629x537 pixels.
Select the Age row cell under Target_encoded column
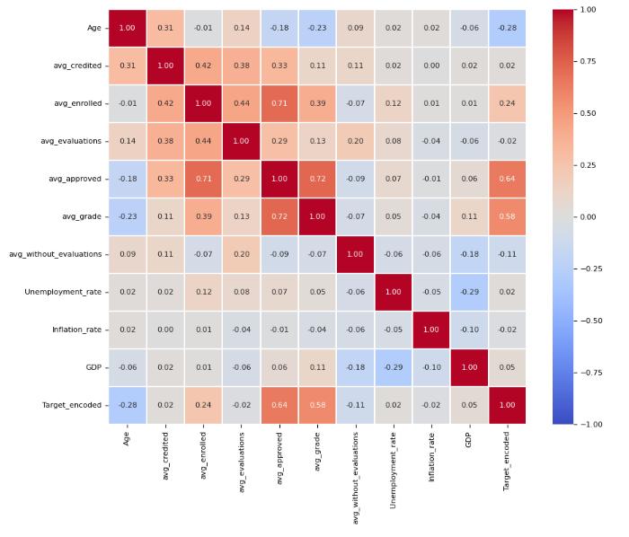click(508, 28)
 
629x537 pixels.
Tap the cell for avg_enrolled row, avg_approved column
click(279, 103)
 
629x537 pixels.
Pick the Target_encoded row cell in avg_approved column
click(279, 405)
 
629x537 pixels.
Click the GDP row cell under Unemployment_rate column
click(394, 367)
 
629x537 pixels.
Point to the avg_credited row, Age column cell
click(127, 66)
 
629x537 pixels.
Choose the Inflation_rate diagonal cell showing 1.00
click(431, 330)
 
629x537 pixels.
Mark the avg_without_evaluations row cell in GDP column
click(470, 254)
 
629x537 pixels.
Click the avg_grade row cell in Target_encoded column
click(508, 216)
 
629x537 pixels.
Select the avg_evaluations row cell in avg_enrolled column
click(203, 141)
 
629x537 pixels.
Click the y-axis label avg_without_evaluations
click(56, 254)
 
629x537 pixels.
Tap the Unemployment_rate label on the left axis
click(63, 292)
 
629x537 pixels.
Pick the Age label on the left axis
click(93, 28)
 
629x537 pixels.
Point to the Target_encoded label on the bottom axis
click(508, 459)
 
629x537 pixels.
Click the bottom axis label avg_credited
click(165, 454)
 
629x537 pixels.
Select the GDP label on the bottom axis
click(470, 438)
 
